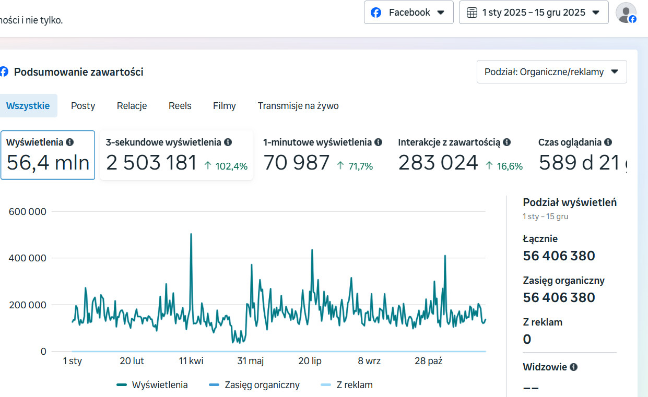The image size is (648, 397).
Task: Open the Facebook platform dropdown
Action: tap(408, 13)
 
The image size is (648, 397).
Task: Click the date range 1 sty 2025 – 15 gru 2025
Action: tap(533, 13)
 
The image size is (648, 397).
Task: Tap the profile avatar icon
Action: tap(626, 13)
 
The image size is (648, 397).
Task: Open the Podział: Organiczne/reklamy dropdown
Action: tap(551, 72)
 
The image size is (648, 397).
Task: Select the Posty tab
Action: tap(83, 106)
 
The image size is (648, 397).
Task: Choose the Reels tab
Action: tap(180, 106)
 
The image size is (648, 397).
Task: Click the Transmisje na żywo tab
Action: tap(298, 106)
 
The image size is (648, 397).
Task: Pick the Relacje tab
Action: tap(132, 106)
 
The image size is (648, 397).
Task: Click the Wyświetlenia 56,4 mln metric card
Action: tap(48, 155)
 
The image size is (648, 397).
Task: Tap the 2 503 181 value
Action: tap(151, 163)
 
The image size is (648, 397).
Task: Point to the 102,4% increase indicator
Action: tap(226, 166)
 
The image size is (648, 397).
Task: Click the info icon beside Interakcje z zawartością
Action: tap(506, 142)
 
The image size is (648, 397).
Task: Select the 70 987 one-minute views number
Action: tap(296, 163)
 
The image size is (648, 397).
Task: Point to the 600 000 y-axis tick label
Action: tap(28, 212)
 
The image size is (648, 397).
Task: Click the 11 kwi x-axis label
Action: tap(191, 361)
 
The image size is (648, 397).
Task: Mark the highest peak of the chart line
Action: tap(191, 234)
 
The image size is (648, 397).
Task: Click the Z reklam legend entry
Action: tap(354, 385)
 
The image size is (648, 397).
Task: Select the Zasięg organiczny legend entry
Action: tap(262, 385)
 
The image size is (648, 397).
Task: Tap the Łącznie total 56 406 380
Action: tap(559, 256)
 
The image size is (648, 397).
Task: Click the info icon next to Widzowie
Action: tap(573, 367)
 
